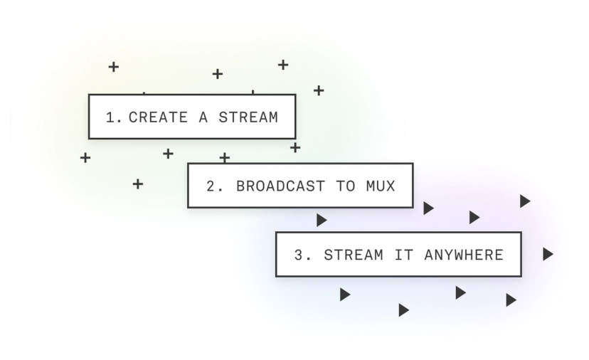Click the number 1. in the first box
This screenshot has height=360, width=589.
(114, 117)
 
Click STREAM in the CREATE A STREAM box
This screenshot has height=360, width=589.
(248, 117)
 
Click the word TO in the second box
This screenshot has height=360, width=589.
(345, 186)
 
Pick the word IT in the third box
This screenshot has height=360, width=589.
(403, 255)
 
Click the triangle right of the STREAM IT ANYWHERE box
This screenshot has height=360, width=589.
(547, 254)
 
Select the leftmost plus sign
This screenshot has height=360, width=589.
(85, 157)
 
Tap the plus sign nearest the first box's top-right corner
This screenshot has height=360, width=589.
(319, 90)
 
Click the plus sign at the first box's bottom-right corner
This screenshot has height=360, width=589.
(295, 147)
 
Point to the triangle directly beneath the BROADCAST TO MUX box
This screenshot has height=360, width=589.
(322, 221)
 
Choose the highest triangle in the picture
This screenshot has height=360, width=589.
(525, 201)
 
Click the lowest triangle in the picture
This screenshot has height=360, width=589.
(403, 310)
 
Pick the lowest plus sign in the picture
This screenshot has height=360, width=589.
(138, 184)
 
